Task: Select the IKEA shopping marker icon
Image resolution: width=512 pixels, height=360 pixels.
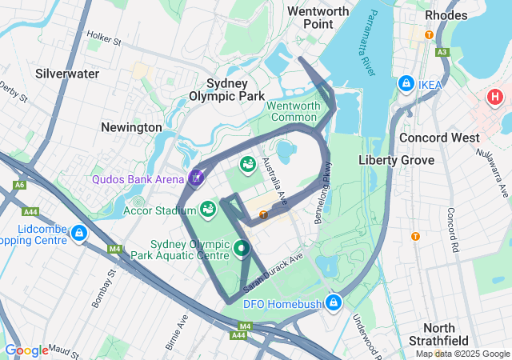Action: pos(406,84)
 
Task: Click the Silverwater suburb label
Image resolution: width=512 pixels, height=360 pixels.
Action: pos(67,74)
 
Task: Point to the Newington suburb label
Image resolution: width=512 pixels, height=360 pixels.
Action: pos(131,127)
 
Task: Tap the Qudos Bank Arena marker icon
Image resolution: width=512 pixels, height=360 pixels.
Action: pos(198,177)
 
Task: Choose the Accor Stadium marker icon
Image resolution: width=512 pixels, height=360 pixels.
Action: pos(208,210)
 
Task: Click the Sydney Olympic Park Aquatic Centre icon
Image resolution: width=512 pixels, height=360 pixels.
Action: pos(242,250)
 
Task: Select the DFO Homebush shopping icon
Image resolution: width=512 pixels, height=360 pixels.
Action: pos(333,302)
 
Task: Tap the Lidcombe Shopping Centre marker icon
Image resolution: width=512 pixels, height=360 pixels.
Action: pos(78,233)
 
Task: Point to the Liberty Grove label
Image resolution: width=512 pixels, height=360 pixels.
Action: pos(396,160)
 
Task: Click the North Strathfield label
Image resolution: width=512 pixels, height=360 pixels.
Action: pos(450,336)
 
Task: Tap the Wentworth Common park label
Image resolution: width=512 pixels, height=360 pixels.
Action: pos(293,111)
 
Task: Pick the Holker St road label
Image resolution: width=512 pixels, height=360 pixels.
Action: pos(103,38)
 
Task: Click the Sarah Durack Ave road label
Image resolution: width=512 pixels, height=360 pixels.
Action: pos(275,272)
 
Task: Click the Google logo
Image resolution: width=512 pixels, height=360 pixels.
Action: pos(26,350)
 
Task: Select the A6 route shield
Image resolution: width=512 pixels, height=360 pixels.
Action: pos(19,185)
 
